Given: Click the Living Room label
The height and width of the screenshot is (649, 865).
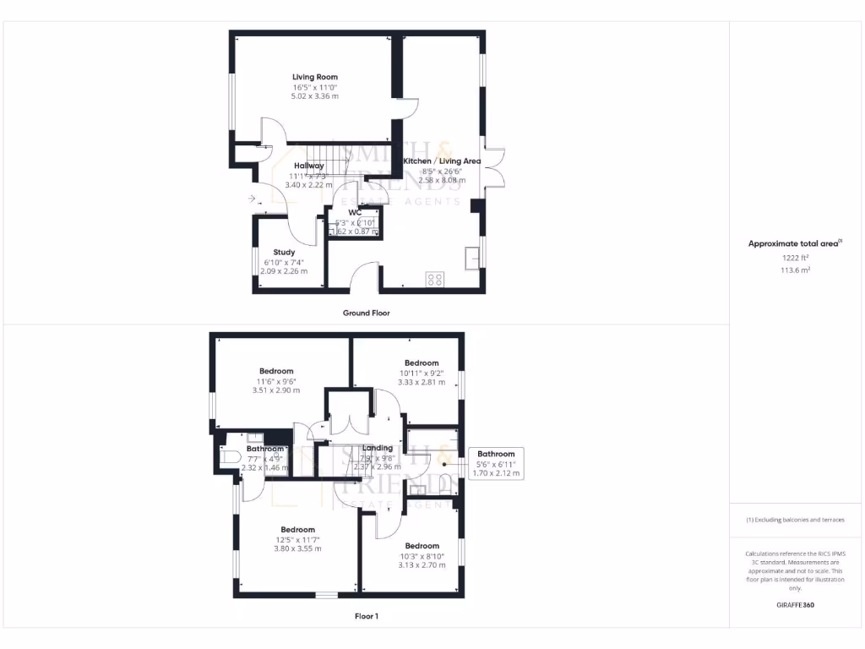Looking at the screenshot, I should tap(315, 77).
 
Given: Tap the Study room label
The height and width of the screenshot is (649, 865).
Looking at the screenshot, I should tap(284, 252).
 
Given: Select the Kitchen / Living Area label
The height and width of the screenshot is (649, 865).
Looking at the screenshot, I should tap(442, 161).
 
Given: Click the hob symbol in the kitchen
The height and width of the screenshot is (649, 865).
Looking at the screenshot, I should tap(436, 280).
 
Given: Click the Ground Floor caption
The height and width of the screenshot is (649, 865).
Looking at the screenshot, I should tap(366, 313).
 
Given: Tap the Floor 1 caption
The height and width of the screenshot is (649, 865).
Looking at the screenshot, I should tap(366, 616).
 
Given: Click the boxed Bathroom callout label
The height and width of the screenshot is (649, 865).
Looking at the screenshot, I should tap(496, 455).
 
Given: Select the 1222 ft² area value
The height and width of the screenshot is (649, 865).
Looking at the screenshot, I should tap(795, 258).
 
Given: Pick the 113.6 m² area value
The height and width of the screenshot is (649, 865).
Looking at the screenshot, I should tap(795, 270).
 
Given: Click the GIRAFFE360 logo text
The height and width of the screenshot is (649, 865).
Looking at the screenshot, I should tap(795, 605).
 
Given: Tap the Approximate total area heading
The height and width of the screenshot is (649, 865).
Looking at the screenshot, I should tap(795, 243).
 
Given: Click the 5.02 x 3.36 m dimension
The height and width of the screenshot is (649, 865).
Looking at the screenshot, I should tap(315, 96).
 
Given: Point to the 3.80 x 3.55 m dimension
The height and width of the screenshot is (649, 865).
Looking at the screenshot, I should tap(297, 548).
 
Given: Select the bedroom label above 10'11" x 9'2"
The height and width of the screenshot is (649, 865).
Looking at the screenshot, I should tap(422, 363).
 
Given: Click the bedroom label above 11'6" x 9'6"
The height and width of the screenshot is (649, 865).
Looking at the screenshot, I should tap(276, 371).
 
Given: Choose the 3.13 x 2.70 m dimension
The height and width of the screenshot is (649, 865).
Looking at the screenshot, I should tap(422, 565).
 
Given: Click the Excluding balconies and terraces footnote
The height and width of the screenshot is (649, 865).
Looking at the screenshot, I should tap(795, 520).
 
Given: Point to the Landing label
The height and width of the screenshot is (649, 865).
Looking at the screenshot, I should tap(377, 448).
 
